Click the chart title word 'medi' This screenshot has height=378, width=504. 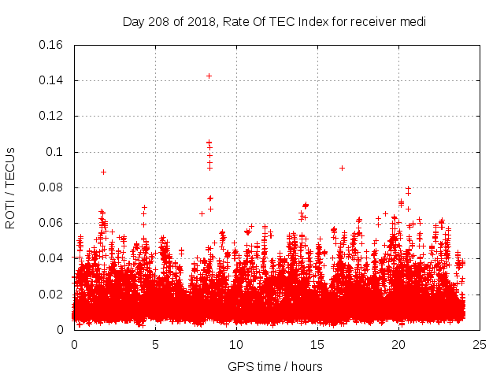[413, 22]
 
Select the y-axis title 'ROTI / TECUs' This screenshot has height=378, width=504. [10, 187]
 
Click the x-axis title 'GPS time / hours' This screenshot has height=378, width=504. [275, 366]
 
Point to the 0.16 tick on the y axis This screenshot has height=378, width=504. [51, 45]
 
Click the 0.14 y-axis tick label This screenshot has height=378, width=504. [51, 80]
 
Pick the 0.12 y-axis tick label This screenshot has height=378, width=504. [51, 116]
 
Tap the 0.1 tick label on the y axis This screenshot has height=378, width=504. [54, 152]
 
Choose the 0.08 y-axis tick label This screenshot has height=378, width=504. [51, 187]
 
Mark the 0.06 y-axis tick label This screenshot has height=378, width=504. [51, 223]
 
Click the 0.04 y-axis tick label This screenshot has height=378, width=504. [51, 258]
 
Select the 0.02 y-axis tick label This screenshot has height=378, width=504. [51, 295]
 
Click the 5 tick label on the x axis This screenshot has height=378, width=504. [155, 344]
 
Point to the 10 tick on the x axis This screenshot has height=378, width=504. [236, 344]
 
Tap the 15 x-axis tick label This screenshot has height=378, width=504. [317, 344]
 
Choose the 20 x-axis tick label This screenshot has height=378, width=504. [398, 344]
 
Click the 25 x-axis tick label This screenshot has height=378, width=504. [480, 344]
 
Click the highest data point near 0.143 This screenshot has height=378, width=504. [209, 76]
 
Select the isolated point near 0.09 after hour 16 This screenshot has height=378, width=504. [342, 168]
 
